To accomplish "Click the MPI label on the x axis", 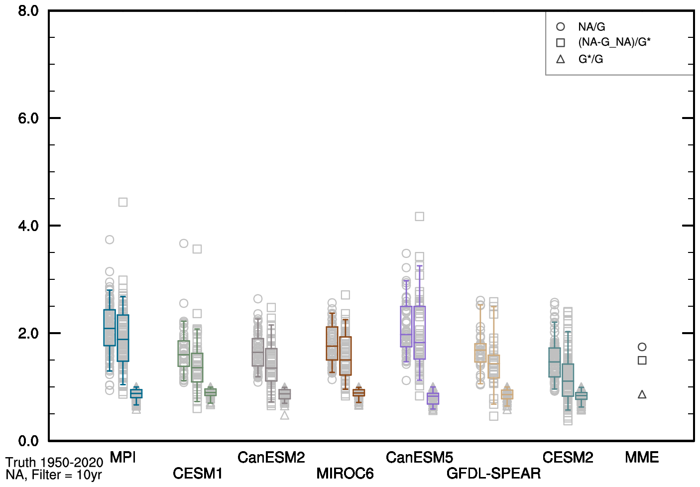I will coord(122,457).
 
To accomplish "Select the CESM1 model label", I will coord(197,473).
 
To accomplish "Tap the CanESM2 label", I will coord(271,457).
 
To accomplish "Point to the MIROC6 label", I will coord(345,473).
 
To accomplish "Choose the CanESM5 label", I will coord(419,457).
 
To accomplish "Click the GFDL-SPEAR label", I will coord(493,473).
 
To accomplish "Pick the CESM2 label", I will coord(568,457).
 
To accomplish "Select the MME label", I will coord(642,457).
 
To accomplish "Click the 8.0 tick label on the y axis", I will coord(28,11).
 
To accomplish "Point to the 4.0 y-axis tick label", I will coord(28,226).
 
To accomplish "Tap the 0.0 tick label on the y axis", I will coord(28,441).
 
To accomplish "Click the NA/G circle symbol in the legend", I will coord(561,27).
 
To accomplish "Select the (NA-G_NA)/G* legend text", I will coord(614,42).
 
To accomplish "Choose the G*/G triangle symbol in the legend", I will coord(561,59).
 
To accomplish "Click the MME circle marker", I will coord(642,347).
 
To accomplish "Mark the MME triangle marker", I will coord(642,395).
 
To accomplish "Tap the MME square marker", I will coord(642,361).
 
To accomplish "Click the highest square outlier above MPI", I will coord(123,202).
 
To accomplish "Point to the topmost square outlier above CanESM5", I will coord(420,217).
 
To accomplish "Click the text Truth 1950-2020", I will coord(54,463).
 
